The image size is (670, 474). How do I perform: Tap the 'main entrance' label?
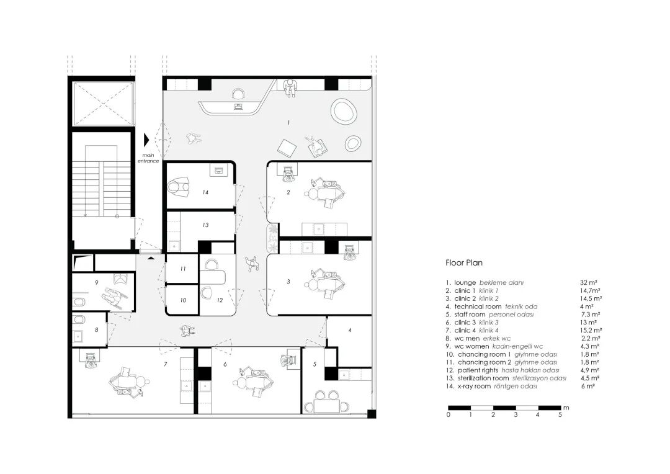pos(149,158)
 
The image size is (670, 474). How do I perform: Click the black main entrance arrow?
pos(147,140)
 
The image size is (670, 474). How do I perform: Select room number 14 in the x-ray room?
pos(205,192)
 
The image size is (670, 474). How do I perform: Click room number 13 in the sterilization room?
pos(205,225)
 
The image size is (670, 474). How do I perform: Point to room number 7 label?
pos(166,364)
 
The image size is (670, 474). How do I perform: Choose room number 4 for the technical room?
pos(350,331)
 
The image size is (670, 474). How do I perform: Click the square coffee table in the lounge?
pos(288,148)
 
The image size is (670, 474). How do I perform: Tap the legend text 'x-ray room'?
pos(472,386)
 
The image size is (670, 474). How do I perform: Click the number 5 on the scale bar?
pos(560,414)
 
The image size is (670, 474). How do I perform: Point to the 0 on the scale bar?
pos(448,414)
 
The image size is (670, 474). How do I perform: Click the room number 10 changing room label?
pos(183,300)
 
